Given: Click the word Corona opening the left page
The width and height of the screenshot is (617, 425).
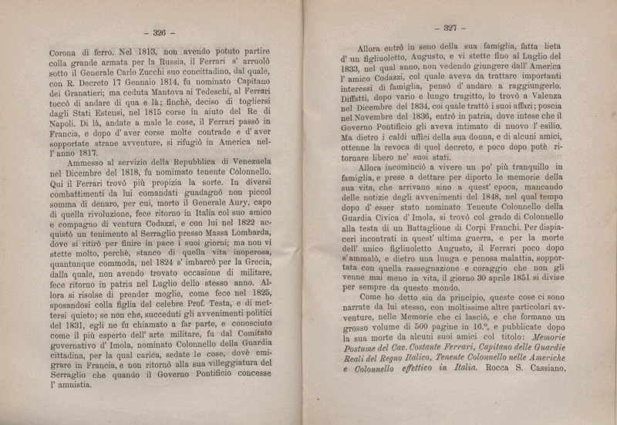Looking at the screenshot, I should [68, 56].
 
